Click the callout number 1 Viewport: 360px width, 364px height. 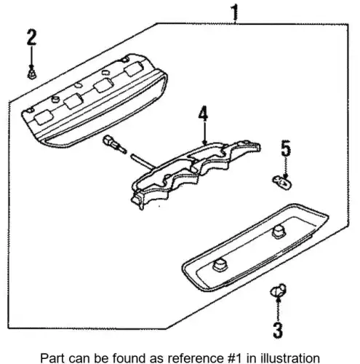[x=234, y=12]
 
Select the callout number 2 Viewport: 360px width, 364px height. [x=31, y=37]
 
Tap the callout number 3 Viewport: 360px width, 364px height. [x=278, y=331]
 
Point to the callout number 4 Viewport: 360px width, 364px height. [x=203, y=114]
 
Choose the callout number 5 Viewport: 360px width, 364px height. [x=286, y=148]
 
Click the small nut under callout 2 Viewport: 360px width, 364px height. [x=32, y=74]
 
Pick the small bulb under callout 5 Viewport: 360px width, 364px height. [x=282, y=183]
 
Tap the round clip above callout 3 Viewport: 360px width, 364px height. [x=278, y=290]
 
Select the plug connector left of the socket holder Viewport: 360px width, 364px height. [x=114, y=144]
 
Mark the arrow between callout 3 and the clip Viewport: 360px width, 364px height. [x=279, y=309]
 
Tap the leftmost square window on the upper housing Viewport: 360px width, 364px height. [x=44, y=117]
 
